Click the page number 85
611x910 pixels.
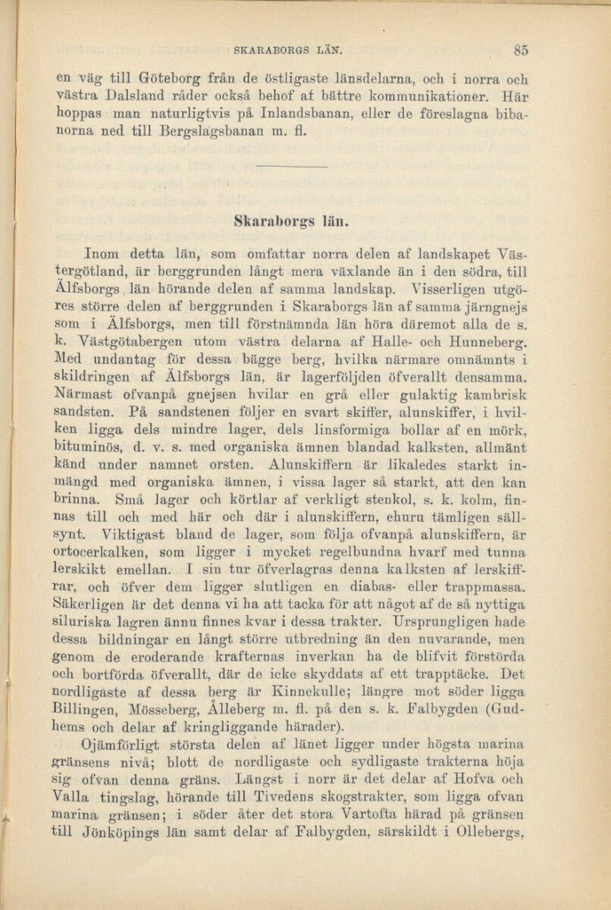click(x=520, y=51)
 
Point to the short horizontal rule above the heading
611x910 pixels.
click(x=290, y=166)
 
